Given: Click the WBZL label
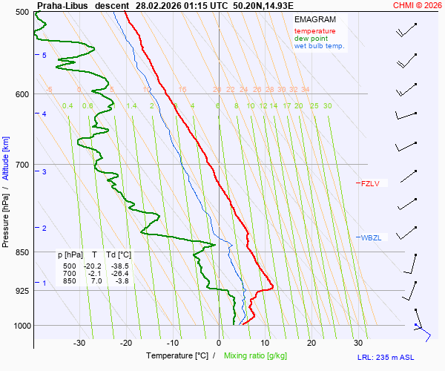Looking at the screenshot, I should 371,237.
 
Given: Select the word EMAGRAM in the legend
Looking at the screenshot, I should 314,19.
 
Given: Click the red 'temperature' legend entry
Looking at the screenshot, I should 314,31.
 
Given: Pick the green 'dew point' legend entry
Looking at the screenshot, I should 311,39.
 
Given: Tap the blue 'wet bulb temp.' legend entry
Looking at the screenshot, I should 319,46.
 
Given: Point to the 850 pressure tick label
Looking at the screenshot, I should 22,252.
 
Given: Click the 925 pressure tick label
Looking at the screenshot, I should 22,290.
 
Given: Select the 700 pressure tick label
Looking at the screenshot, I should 22,164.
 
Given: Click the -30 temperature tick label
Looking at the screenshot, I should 79,343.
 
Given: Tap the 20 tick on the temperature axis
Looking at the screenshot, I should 311,343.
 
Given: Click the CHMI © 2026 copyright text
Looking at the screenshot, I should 418,5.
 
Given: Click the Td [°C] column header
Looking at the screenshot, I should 118,255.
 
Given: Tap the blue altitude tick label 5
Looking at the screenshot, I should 44,56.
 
